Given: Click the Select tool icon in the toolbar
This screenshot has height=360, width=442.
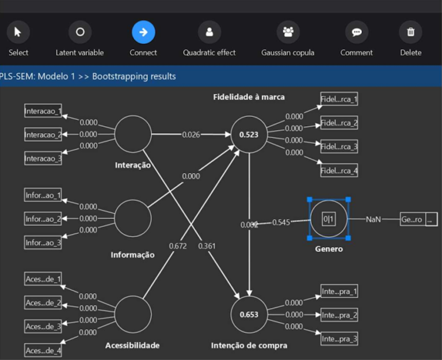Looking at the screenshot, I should point(18,32).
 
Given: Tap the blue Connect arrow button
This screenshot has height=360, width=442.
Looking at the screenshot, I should point(143,32).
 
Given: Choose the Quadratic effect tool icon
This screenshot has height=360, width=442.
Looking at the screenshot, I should point(209,32).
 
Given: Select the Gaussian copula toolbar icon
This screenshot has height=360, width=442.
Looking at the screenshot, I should point(288,32).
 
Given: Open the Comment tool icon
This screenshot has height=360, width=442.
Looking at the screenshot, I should point(356,32).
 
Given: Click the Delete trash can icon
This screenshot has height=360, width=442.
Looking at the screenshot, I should point(410,32).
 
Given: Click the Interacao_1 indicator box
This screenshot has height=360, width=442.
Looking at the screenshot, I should point(43,111).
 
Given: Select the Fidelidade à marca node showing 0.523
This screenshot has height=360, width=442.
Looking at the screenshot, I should point(249,135).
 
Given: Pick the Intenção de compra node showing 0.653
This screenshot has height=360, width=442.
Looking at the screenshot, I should point(249,314).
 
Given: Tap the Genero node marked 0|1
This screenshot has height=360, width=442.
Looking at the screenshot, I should point(329,219).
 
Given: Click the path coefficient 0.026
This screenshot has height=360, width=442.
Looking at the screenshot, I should point(191,135).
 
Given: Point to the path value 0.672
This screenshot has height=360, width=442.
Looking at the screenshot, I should point(178,246).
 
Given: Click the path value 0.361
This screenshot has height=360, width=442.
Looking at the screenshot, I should point(207,246).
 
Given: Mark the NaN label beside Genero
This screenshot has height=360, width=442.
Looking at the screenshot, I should point(374,219).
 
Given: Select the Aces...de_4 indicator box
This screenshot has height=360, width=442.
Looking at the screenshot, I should point(43,350).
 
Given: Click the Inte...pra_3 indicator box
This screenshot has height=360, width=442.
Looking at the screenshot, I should point(340,339).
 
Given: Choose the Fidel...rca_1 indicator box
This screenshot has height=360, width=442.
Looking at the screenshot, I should point(340,100).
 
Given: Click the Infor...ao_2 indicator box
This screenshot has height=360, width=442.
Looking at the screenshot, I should point(43,219).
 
